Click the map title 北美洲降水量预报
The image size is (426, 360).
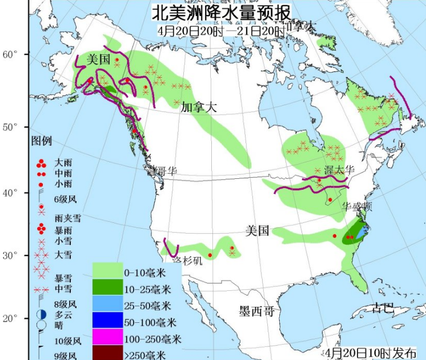click(221, 12)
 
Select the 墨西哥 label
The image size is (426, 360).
click(257, 311)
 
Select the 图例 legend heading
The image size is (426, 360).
click(41, 141)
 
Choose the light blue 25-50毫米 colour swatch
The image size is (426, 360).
click(108, 305)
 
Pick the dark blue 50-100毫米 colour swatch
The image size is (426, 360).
click(108, 321)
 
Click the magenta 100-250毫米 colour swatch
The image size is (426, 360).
click(108, 338)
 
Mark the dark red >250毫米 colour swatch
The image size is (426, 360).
click(108, 353)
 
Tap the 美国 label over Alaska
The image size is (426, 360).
click(98, 59)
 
